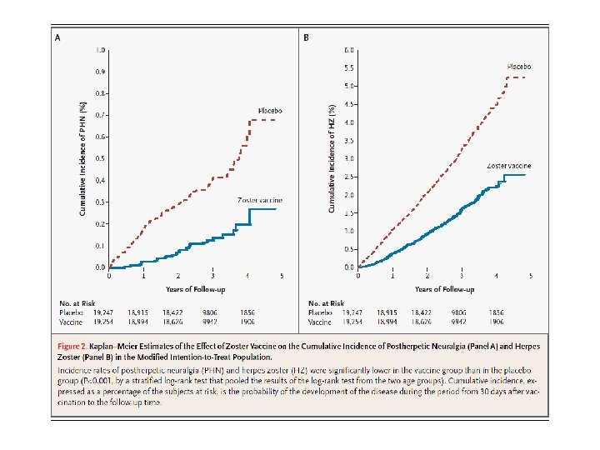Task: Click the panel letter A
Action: (57, 37)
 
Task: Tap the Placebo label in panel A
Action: (270, 110)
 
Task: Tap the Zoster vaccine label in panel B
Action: (508, 166)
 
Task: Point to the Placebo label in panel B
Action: (519, 65)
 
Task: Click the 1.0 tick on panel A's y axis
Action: (101, 50)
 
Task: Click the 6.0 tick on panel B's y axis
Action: (351, 50)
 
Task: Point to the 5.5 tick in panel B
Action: (351, 68)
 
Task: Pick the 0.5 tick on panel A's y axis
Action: (101, 158)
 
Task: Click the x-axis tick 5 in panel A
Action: (282, 276)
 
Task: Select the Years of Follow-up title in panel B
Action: (445, 289)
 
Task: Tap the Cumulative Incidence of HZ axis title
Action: (332, 158)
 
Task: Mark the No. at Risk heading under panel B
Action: (327, 302)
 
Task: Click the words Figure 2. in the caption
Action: (74, 345)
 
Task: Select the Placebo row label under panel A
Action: (70, 312)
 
